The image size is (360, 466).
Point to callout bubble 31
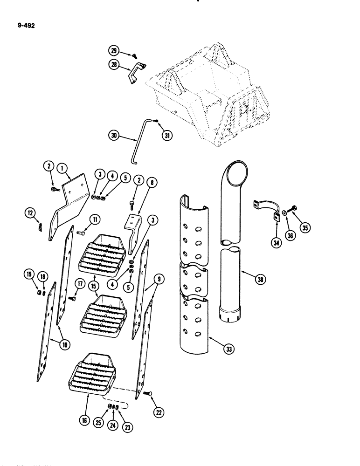(x=166, y=136)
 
